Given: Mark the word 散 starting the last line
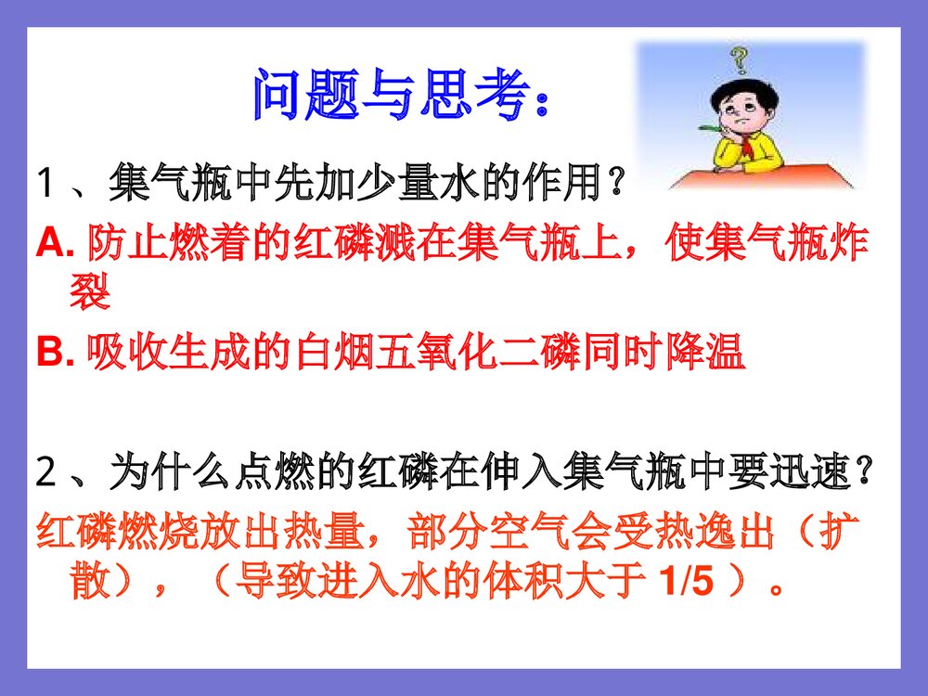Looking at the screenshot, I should [x=90, y=583].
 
